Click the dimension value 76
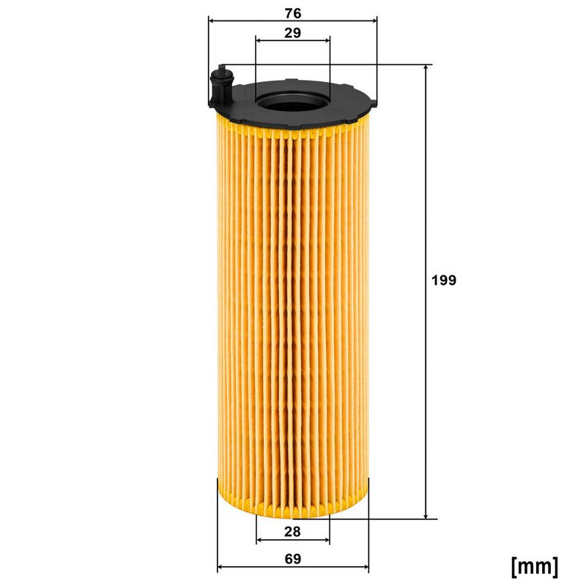coord(292,12)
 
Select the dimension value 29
coord(292,33)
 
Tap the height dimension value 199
coord(444,280)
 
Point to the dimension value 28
coord(292,530)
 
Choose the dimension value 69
coord(293,558)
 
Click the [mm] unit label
coord(534,565)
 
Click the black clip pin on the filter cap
coord(220,86)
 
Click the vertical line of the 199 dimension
coord(426,220)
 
